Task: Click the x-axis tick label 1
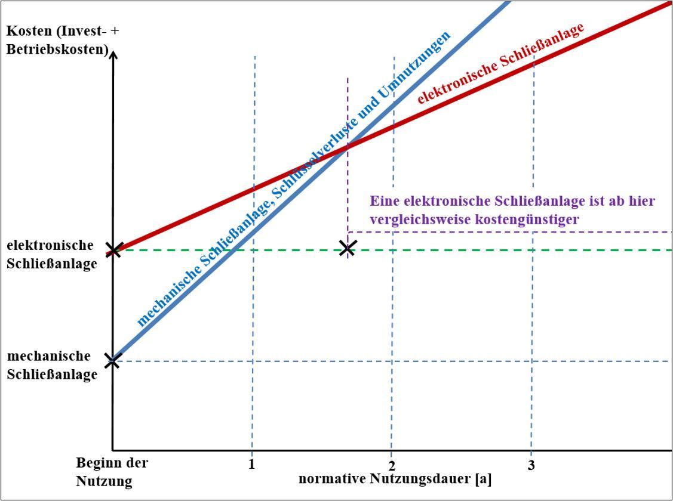point(252,465)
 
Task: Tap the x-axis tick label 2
point(391,466)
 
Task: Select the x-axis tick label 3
point(531,466)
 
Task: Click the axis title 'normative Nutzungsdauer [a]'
point(395,479)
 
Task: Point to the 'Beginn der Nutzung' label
point(112,472)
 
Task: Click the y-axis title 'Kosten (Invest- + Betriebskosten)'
point(62,39)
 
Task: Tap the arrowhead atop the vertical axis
point(113,54)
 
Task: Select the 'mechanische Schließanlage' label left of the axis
point(52,365)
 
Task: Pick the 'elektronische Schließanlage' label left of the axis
point(52,255)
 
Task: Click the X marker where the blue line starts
point(112,360)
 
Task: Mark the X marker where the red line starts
point(113,249)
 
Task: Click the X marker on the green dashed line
point(347,248)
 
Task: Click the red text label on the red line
point(500,63)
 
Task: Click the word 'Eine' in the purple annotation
point(385,201)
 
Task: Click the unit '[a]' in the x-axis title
point(484,479)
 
